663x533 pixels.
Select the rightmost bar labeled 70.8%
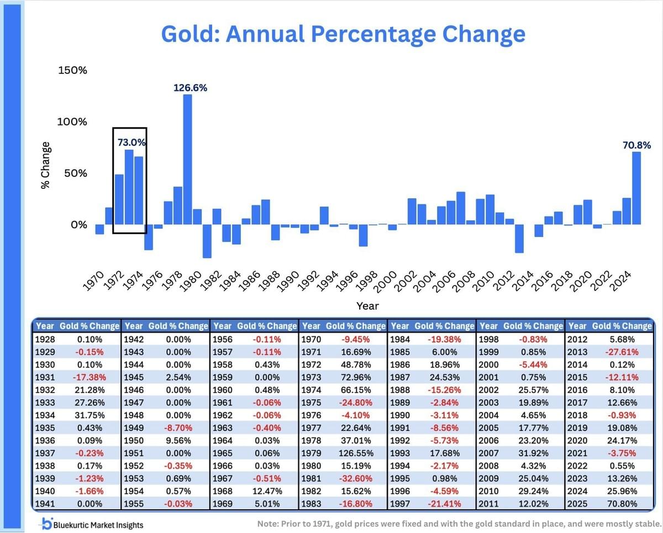click(636, 188)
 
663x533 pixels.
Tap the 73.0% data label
click(131, 142)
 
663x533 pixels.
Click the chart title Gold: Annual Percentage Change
click(343, 34)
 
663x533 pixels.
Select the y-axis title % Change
click(46, 166)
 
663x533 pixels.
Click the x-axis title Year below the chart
click(367, 305)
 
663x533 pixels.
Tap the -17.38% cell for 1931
click(88, 378)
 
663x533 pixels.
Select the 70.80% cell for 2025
click(622, 504)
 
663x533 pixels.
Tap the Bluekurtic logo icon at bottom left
click(48, 524)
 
